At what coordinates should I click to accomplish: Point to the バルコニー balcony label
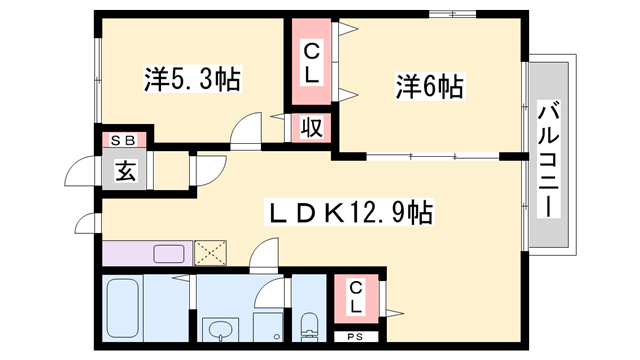(549, 160)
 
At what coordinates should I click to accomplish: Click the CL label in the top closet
(311, 62)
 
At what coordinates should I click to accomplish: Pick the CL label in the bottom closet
(357, 297)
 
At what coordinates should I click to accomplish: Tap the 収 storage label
(311, 128)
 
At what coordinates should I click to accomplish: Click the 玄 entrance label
(124, 169)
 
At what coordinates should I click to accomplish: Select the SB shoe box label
(123, 140)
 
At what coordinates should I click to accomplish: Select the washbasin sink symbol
(219, 330)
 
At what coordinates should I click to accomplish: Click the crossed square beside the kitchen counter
(209, 252)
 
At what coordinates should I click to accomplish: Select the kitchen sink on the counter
(168, 253)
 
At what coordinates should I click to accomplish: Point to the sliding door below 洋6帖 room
(431, 157)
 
